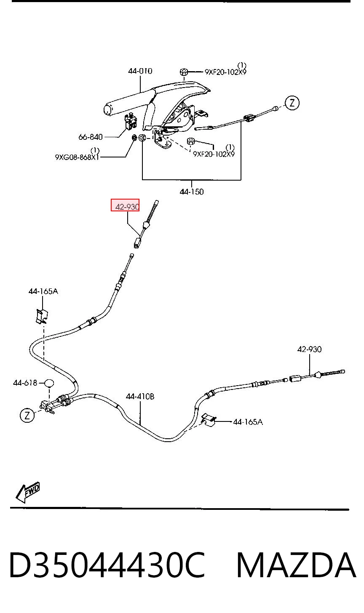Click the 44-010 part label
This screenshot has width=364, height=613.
[x=140, y=71]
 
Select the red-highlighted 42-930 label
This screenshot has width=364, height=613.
[x=127, y=207]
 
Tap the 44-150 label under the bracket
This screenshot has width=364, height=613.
[x=192, y=192]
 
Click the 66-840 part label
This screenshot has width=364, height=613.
[x=91, y=137]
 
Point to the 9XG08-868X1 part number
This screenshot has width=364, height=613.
[x=77, y=157]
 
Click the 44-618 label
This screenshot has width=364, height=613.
[x=25, y=383]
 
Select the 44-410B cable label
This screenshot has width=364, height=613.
[x=140, y=396]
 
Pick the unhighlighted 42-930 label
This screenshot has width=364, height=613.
[x=310, y=349]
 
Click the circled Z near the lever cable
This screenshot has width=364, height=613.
[x=292, y=103]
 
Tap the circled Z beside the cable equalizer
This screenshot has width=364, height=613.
[x=27, y=415]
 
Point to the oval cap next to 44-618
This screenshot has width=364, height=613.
[x=49, y=383]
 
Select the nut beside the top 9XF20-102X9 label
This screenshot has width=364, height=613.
[x=184, y=72]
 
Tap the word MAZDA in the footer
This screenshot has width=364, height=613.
[x=296, y=565]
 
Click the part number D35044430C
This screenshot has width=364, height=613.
[x=107, y=565]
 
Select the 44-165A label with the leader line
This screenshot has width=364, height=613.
[x=248, y=422]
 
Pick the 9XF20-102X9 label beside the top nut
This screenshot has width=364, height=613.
[x=225, y=72]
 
